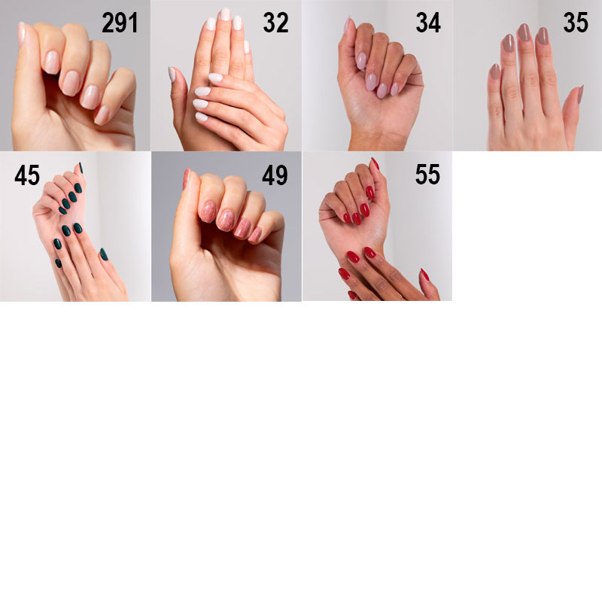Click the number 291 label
[120, 23]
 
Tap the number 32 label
[275, 23]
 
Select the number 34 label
[428, 23]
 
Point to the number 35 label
[576, 23]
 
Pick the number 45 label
[27, 175]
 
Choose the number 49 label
[275, 175]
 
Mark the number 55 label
[427, 175]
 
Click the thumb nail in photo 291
[22, 34]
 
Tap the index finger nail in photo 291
[52, 62]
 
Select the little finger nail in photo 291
[102, 115]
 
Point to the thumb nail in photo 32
[172, 74]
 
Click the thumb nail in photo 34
[347, 24]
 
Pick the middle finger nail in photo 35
[524, 32]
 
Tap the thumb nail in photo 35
[580, 95]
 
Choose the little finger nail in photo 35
[495, 71]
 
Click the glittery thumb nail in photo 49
[186, 179]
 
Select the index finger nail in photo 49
[208, 212]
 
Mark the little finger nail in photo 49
[255, 235]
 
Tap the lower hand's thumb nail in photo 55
[424, 275]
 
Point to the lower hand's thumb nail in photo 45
[104, 254]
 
